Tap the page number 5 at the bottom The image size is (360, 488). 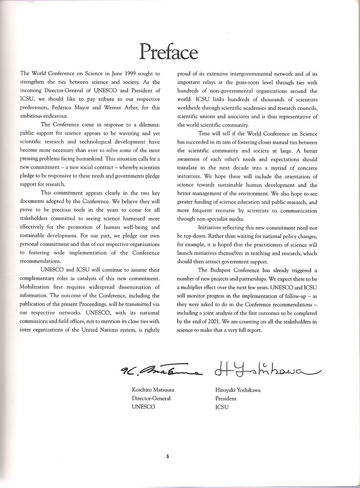click(167, 457)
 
